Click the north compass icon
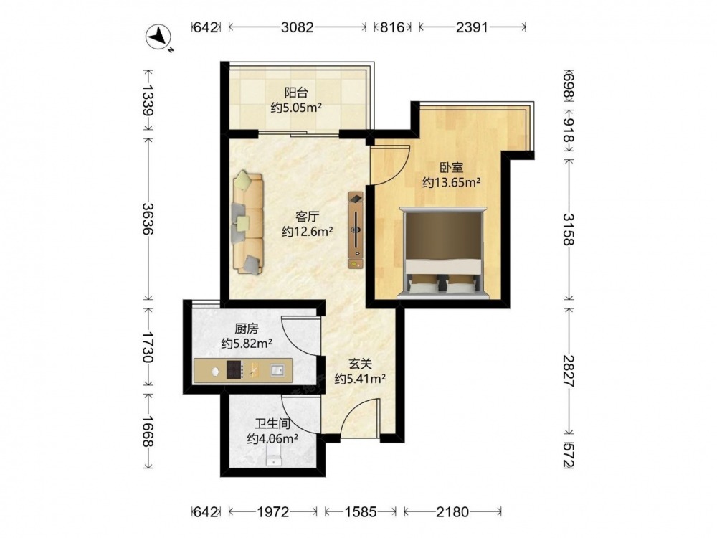click(x=158, y=36)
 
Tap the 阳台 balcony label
click(x=296, y=93)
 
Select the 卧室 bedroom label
click(x=451, y=167)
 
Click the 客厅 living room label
click(x=307, y=217)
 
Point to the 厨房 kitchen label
click(x=247, y=329)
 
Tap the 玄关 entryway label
click(x=361, y=364)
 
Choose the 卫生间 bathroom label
click(x=272, y=424)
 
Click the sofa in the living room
click(x=247, y=223)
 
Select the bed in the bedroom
click(x=441, y=253)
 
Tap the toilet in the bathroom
click(x=273, y=456)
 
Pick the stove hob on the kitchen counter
click(x=234, y=370)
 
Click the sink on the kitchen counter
click(x=277, y=369)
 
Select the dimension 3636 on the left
click(x=148, y=218)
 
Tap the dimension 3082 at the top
click(x=298, y=27)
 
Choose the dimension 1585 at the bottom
click(x=361, y=511)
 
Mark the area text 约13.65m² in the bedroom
click(x=451, y=182)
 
